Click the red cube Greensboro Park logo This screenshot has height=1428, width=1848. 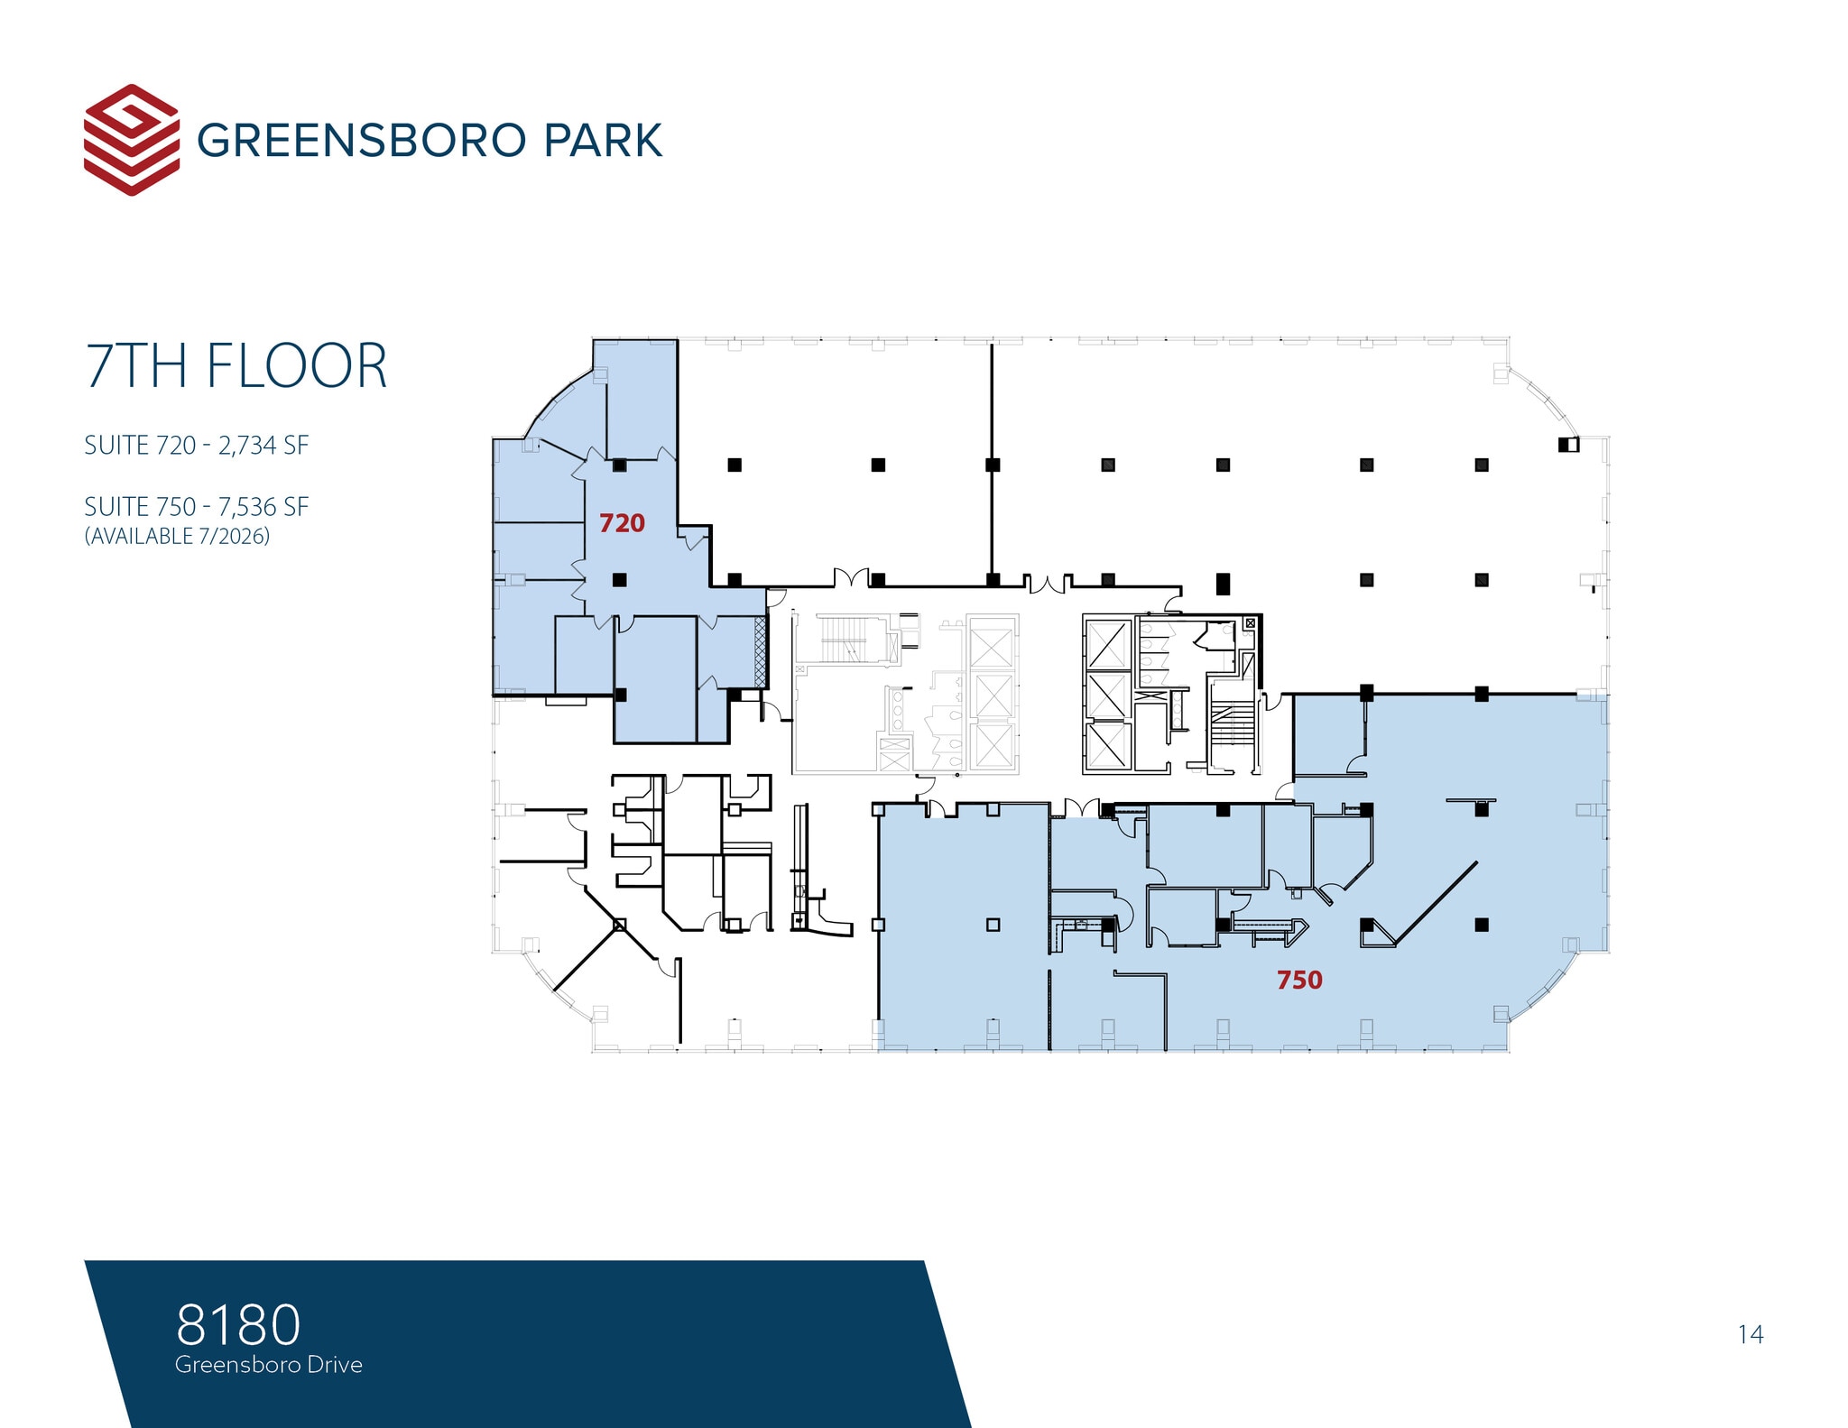pos(131,140)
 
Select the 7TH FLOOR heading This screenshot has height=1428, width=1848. pos(236,366)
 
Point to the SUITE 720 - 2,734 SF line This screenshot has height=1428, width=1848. pos(196,446)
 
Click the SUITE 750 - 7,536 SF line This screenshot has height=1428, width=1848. pos(196,507)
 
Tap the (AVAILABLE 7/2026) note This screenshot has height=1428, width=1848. pos(177,536)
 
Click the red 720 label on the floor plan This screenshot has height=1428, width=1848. pos(622,523)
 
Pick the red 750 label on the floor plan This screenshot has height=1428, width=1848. pos(1299,980)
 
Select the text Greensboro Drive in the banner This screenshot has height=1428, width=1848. pos(269,1365)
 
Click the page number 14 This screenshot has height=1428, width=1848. pos(1751,1334)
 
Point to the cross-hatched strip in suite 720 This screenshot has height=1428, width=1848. pos(760,650)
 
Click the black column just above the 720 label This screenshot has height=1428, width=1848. pos(620,465)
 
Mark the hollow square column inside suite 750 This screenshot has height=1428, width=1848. pos(993,925)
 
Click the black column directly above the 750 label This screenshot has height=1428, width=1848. pos(1366,925)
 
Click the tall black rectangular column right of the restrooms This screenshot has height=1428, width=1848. pos(1223,584)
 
